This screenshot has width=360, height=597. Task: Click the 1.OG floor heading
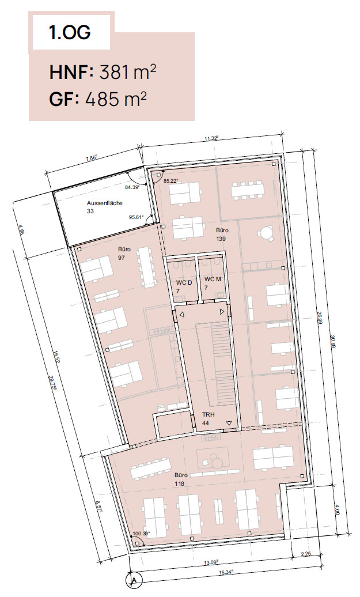click(x=70, y=33)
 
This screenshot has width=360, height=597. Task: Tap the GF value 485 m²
click(x=116, y=99)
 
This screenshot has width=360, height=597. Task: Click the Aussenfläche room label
click(x=104, y=203)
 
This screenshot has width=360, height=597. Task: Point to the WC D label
click(x=184, y=283)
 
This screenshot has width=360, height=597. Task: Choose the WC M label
click(x=213, y=279)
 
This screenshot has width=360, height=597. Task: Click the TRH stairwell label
click(x=208, y=414)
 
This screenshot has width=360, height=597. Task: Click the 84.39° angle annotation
click(x=132, y=187)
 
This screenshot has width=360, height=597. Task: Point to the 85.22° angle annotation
click(x=171, y=181)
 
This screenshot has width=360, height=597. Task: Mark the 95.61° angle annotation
click(x=137, y=217)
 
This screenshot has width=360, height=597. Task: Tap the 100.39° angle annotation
click(x=141, y=534)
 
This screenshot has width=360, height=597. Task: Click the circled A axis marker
click(x=134, y=580)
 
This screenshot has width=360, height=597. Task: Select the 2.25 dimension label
click(x=306, y=554)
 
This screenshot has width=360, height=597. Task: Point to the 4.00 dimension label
click(x=336, y=510)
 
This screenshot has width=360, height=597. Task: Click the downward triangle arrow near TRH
click(x=229, y=423)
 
